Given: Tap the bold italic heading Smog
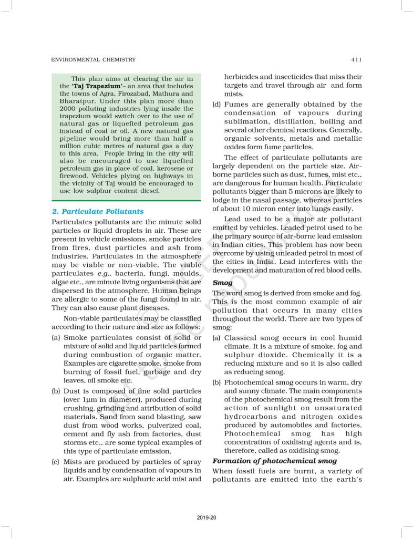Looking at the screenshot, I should point(222,283).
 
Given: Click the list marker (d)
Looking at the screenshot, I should point(216,105).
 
